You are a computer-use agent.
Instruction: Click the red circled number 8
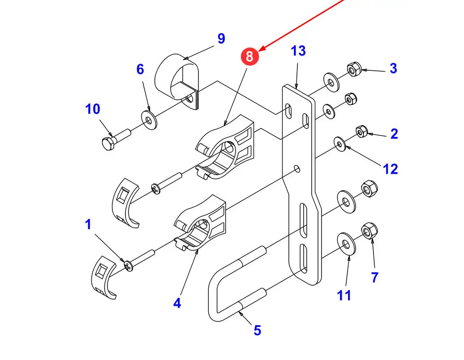(249, 56)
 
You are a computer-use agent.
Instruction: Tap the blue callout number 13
(298, 51)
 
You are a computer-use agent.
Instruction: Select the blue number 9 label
(221, 39)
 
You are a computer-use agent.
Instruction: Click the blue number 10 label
(93, 109)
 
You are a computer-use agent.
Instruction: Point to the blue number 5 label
(257, 330)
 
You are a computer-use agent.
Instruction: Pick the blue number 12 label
(391, 169)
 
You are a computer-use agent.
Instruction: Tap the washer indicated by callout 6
(149, 119)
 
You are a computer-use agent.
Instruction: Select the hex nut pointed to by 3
(354, 70)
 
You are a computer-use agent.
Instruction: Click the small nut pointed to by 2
(361, 132)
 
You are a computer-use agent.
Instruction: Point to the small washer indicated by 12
(340, 144)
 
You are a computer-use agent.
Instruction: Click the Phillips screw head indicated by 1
(129, 266)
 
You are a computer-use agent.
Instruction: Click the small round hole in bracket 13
(296, 168)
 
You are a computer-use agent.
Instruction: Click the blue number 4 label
(177, 303)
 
